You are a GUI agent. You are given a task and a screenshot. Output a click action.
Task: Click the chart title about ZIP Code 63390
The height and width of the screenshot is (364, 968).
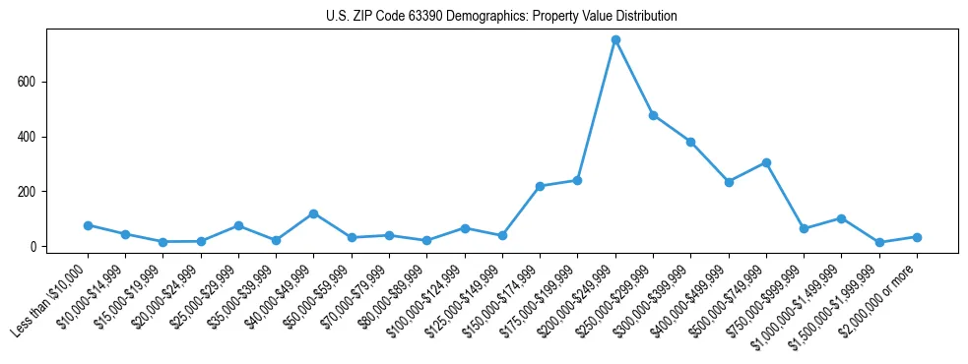501,17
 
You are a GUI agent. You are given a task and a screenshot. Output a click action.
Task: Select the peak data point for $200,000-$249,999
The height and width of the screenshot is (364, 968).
615,40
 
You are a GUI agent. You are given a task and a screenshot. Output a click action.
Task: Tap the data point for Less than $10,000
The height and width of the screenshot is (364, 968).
88,225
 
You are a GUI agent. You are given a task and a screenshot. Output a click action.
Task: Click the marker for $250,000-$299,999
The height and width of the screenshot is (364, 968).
653,115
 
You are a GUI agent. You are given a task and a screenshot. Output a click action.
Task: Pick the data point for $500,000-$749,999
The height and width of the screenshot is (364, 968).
766,162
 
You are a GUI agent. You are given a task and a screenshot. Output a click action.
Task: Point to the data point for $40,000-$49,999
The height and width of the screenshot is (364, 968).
313,213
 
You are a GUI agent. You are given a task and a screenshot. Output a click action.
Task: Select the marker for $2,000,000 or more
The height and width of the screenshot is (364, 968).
917,237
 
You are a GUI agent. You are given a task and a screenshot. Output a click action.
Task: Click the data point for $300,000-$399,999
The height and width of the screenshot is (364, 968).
690,142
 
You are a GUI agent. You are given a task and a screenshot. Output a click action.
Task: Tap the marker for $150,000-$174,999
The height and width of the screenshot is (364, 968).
540,186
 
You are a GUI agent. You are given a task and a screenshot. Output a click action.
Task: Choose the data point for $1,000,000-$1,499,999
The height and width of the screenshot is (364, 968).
841,218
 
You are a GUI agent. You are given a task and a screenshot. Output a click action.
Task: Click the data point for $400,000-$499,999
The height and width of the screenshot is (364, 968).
729,182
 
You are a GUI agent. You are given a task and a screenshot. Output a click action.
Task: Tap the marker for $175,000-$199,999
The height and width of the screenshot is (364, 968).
577,180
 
